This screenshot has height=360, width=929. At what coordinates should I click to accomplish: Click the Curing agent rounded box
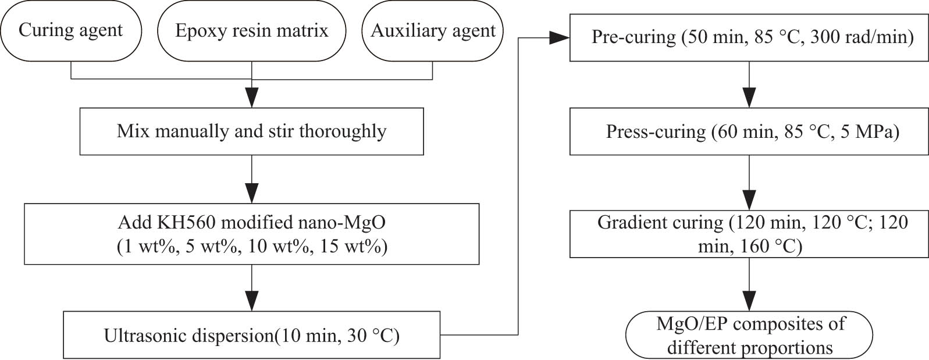[x=70, y=31]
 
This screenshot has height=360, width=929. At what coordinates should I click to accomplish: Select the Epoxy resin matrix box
[x=251, y=31]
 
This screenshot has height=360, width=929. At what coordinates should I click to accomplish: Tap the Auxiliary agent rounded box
[x=433, y=31]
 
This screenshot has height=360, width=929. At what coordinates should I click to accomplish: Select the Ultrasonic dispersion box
[x=251, y=335]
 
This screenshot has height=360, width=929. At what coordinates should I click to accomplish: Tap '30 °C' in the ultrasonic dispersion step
[x=373, y=336]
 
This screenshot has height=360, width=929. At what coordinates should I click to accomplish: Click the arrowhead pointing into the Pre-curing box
[x=559, y=38]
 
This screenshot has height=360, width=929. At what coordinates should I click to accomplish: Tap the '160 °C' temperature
[x=771, y=247]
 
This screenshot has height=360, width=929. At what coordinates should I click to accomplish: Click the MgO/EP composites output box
[x=749, y=336]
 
